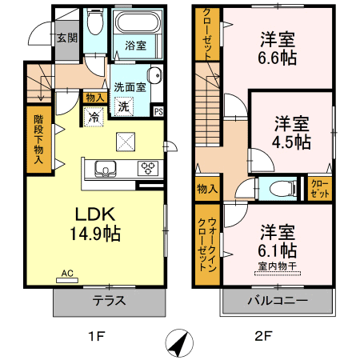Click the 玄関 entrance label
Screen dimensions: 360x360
point(67,38)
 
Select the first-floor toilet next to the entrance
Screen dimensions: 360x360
point(94,22)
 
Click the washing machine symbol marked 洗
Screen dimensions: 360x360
point(124,106)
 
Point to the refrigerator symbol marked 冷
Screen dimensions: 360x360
point(94,117)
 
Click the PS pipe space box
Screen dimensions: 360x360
point(158,111)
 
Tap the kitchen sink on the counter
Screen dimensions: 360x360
point(106,169)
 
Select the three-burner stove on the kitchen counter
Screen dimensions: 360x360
point(148,169)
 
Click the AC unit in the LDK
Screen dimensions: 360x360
point(67,280)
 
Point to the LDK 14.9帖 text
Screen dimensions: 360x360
point(95,224)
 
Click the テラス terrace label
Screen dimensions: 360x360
point(109,301)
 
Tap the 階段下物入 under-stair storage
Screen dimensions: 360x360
point(39,139)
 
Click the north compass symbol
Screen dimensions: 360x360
point(179,343)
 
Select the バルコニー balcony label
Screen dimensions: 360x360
point(278,301)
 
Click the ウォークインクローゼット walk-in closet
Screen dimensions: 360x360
point(207,245)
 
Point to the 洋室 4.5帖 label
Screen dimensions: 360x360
point(292,132)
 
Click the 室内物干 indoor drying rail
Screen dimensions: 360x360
point(278,273)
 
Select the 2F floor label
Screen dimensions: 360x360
point(263,336)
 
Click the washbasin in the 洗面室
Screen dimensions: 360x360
point(154,76)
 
